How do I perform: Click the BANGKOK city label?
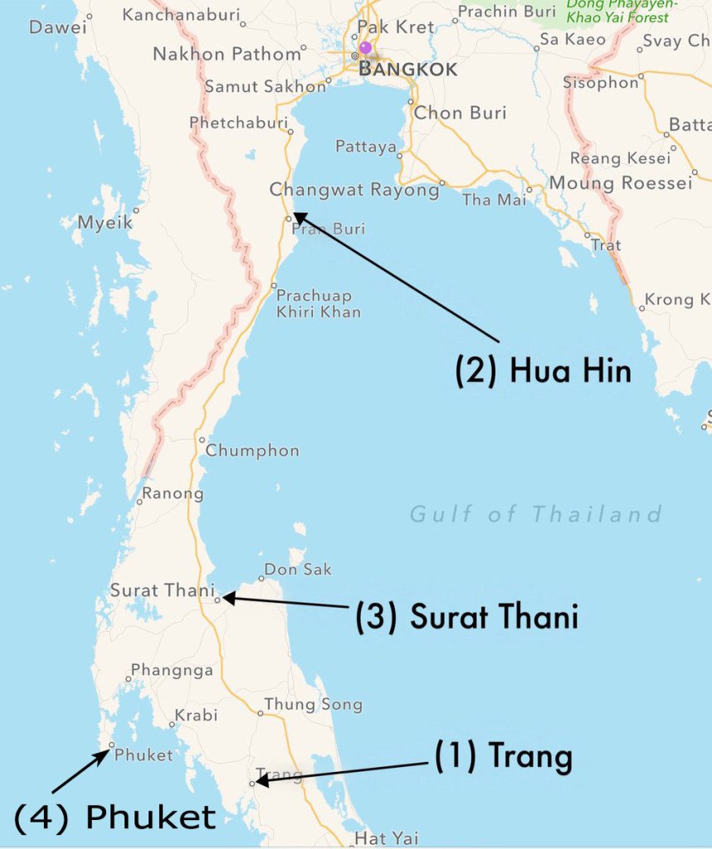[407, 70]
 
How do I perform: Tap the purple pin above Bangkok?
[365, 47]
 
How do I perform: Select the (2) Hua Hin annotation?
[543, 371]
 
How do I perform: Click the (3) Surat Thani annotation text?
[466, 617]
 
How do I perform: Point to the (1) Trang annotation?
[504, 756]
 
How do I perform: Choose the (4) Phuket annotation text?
[115, 817]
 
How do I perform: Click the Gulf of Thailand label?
[536, 514]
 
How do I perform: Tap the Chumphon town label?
[252, 451]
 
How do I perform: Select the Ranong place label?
[173, 494]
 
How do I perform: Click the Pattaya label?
[366, 147]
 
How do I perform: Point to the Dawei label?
[57, 27]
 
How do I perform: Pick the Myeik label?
[105, 222]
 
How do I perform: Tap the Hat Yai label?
[387, 838]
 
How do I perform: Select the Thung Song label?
[313, 705]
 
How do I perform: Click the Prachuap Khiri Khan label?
[319, 303]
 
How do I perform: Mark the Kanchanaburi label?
[180, 15]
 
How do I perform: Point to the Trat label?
[606, 245]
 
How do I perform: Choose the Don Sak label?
[298, 570]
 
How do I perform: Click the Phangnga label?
[172, 670]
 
